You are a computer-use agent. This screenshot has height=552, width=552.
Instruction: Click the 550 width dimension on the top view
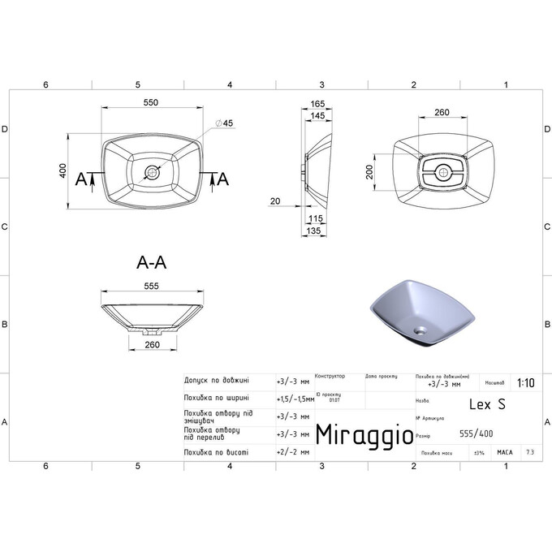150,102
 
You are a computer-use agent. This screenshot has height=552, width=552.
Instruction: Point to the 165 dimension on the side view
317,104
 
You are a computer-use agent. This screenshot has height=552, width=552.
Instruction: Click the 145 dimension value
317,117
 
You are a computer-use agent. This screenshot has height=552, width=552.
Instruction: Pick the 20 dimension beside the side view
275,201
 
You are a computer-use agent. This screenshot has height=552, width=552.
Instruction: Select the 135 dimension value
316,231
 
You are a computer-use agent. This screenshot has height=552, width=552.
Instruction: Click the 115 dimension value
316,218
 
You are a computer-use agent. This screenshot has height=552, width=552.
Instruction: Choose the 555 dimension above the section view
152,286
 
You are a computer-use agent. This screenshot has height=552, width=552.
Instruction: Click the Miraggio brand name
356,433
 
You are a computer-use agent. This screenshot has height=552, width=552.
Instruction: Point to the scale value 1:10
524,383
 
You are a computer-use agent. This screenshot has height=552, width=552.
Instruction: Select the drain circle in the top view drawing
152,173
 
